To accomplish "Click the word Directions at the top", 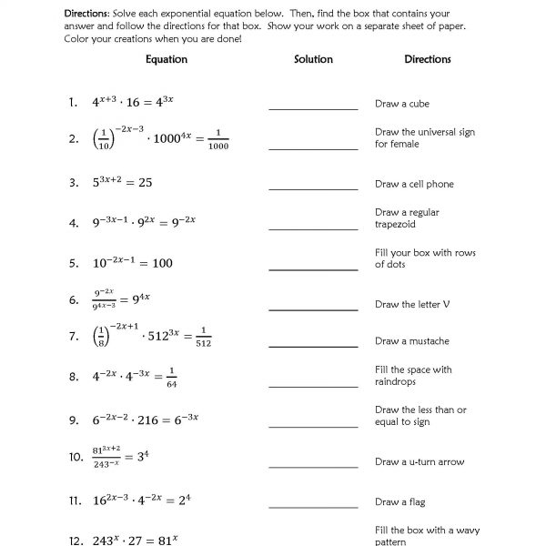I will click(88, 15).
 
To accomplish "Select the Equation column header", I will click(167, 59).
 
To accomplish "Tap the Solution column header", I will click(313, 59).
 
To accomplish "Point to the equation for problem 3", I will click(122, 182).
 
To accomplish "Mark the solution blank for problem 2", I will click(313, 147).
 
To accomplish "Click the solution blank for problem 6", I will click(313, 307).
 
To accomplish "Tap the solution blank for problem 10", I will click(313, 465).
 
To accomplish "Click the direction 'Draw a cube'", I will click(402, 104).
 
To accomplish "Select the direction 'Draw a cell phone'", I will click(414, 184).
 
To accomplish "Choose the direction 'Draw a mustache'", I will click(412, 341).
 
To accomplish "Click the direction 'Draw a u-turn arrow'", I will click(420, 462).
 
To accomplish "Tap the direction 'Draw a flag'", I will click(400, 501).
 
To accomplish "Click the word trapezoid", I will click(395, 224).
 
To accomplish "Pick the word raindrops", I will click(397, 382).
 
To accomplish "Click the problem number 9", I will click(73, 420).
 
